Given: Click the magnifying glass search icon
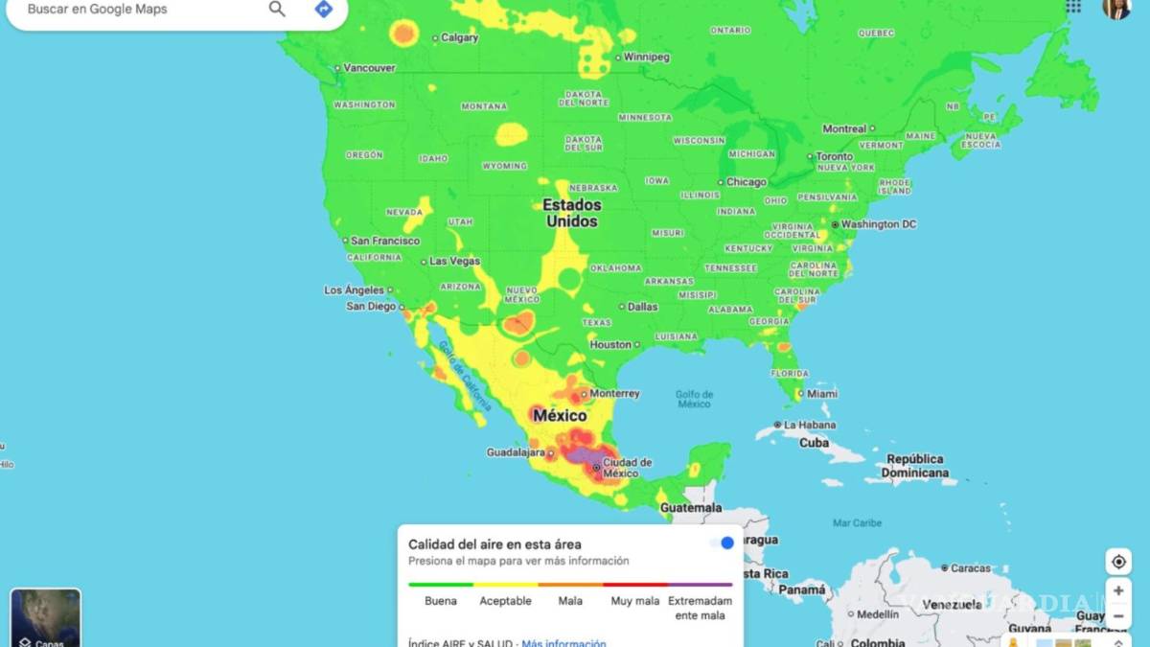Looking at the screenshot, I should point(277,10).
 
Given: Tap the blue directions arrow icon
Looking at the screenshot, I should point(324,10).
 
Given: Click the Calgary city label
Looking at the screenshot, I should point(459,38).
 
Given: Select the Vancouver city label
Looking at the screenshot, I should point(369,68).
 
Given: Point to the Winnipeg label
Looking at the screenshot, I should point(646,58).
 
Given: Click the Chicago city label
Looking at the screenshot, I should point(746,182).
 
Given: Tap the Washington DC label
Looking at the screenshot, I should point(878,224).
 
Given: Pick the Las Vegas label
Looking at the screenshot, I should point(454,261).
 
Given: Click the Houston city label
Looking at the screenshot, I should point(610,345).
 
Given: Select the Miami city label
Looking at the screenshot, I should point(821,394).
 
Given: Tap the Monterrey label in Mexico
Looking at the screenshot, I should point(614,394).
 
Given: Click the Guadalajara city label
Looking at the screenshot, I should point(516,452).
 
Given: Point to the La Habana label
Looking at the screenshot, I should point(809,426).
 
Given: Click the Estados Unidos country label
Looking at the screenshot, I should point(572,213).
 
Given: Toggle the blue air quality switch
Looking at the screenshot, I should point(722,543).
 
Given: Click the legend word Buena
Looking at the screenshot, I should point(441,601).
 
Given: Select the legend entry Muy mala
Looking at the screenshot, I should point(635,601).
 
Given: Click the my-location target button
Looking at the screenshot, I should point(1117,562).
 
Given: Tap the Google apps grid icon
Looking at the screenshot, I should point(1073,7).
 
